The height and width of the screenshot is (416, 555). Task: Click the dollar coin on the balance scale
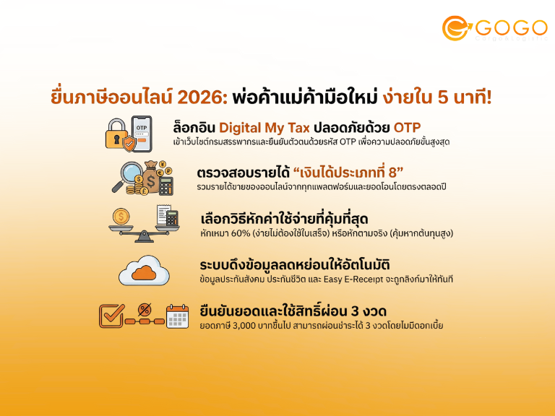(120, 215)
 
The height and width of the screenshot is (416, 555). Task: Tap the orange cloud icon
(145, 271)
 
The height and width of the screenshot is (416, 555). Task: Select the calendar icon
(176, 316)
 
